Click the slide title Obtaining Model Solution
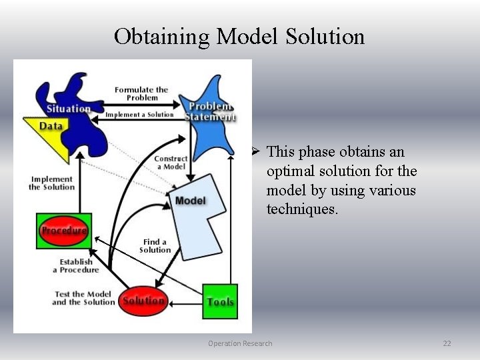click(239, 36)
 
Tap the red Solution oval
click(143, 301)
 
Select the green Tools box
click(220, 302)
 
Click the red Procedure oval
click(64, 231)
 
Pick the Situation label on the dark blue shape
click(68, 109)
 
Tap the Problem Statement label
click(210, 111)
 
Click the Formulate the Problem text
click(141, 93)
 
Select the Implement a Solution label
click(139, 115)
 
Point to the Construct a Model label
click(171, 163)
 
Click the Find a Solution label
click(155, 246)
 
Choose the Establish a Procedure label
click(76, 266)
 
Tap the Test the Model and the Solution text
click(84, 298)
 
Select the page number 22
click(447, 343)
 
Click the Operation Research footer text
click(240, 343)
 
